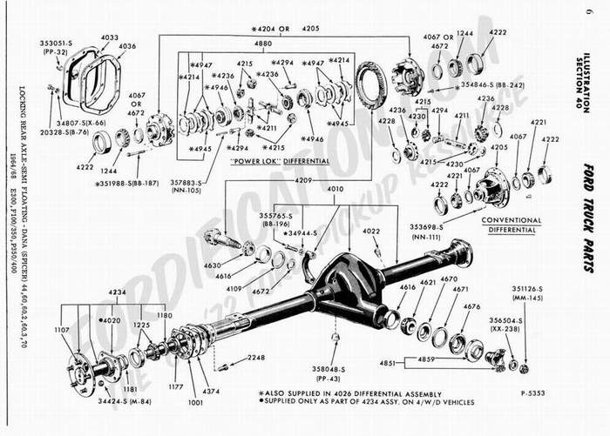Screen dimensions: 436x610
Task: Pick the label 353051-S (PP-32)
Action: [58, 45]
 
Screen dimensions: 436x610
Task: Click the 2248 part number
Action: [254, 358]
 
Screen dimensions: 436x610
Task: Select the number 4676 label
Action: [471, 306]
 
